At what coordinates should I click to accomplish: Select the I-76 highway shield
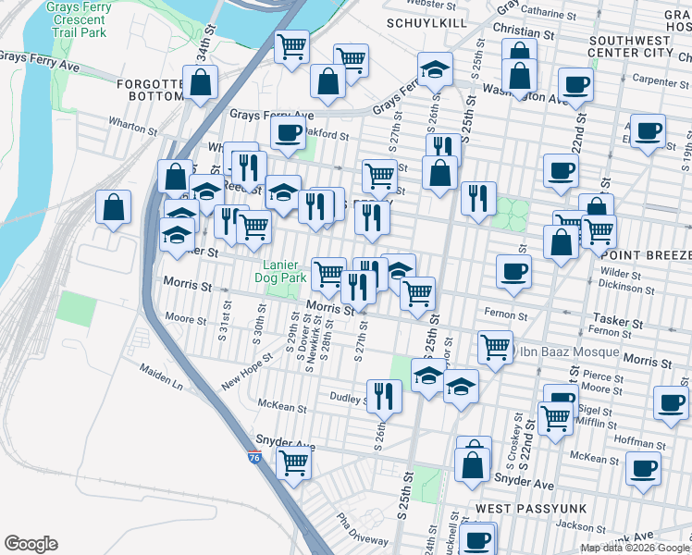[x=255, y=457]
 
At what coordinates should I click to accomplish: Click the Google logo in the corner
[x=31, y=544]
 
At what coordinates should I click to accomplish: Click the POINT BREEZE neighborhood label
[x=646, y=254]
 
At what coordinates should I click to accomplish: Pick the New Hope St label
[x=248, y=370]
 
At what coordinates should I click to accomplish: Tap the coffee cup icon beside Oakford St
[x=289, y=131]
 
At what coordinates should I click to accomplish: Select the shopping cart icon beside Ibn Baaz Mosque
[x=496, y=347]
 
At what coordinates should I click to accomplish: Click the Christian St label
[x=524, y=31]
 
